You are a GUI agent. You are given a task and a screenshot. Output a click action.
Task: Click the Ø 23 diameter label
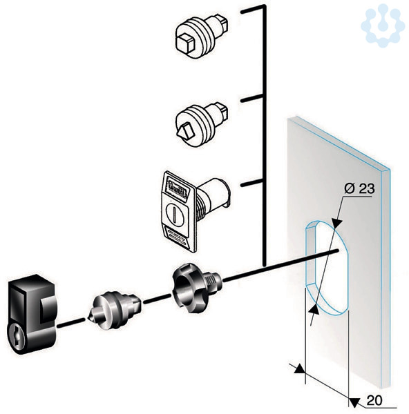(359, 189)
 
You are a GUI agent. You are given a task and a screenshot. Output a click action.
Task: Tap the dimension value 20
(374, 400)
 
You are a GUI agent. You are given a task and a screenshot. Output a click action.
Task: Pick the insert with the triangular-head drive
(202, 124)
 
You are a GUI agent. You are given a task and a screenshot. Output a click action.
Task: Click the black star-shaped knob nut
(196, 287)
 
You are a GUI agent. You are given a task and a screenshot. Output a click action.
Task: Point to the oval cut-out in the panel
(328, 268)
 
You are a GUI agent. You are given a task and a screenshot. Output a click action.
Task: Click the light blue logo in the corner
(383, 26)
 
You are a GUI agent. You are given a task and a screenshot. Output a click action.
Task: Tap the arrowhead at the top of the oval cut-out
(336, 221)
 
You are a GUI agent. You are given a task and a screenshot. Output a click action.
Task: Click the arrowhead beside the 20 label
(354, 402)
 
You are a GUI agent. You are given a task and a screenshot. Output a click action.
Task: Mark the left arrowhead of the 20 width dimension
(300, 368)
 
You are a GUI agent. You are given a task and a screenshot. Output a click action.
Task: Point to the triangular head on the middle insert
(186, 130)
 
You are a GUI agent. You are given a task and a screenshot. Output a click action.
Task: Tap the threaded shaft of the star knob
(213, 282)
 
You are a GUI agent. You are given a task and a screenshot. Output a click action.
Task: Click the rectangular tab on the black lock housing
(48, 310)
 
